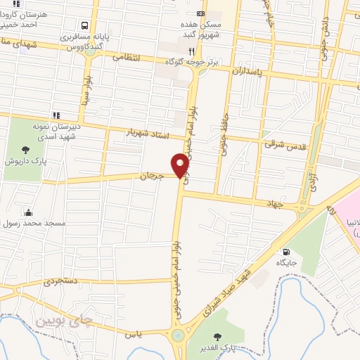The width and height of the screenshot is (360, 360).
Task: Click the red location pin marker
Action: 181,165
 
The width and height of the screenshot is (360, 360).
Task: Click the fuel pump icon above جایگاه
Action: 285,252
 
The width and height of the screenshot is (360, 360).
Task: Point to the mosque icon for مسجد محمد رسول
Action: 27,212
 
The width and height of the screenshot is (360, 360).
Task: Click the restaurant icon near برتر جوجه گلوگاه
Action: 192,51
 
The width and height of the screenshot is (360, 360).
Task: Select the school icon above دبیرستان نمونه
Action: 55,115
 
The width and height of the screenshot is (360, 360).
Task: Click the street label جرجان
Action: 152,174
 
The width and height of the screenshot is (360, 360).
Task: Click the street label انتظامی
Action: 127,56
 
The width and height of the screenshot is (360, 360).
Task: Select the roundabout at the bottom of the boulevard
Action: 177,335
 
